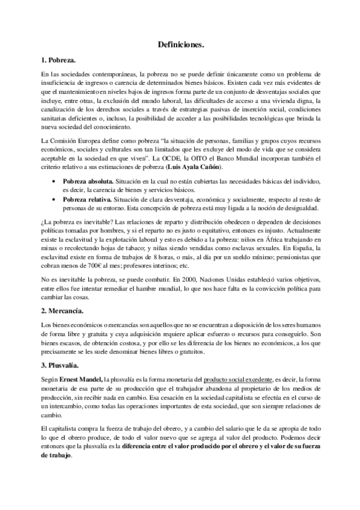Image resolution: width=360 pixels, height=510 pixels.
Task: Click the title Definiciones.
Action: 180,45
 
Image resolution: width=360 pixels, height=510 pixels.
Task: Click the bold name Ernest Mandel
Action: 81,380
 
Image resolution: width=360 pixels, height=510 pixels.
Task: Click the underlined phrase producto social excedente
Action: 238,380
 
